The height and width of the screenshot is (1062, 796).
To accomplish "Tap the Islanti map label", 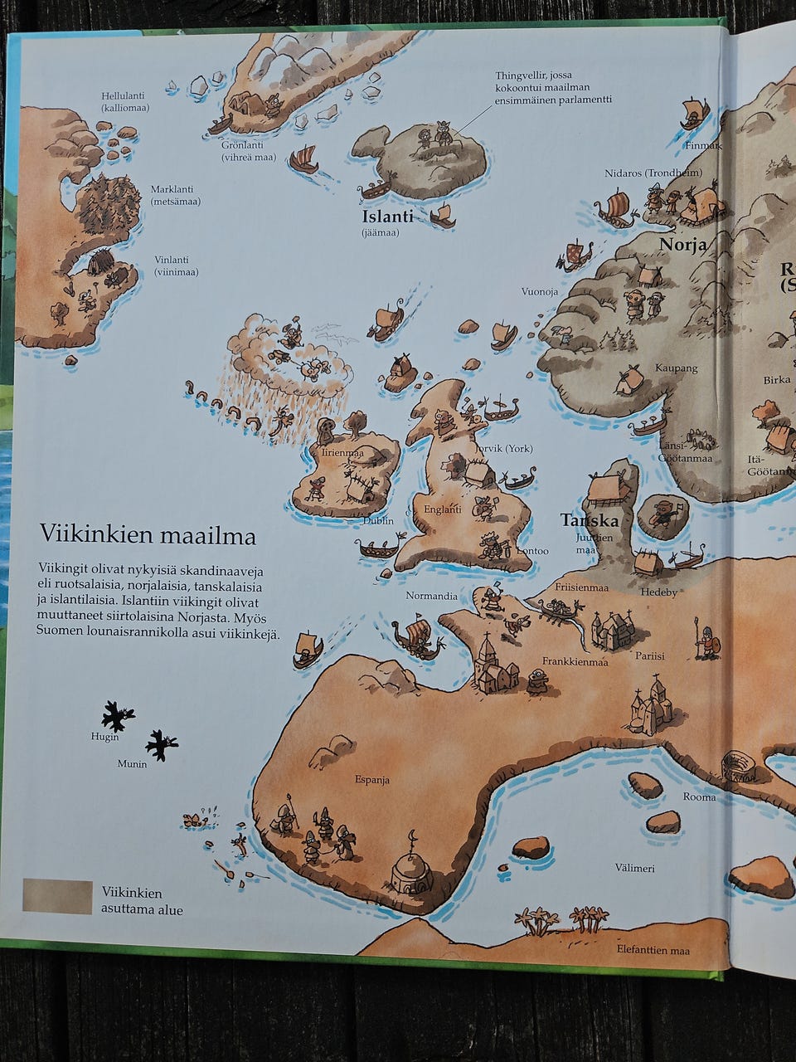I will click(387, 217).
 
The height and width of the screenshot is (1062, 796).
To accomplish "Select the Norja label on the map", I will click(682, 244).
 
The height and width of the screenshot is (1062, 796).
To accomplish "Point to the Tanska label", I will click(590, 520).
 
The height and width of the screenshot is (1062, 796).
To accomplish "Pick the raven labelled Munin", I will click(161, 743).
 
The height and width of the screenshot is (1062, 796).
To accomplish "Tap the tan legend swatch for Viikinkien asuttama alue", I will click(57, 896).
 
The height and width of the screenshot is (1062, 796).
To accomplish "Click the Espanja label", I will click(372, 780).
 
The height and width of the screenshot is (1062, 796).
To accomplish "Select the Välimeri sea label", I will click(634, 868).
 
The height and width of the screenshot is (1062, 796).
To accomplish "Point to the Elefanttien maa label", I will click(653, 950).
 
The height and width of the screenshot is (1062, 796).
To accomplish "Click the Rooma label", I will click(698, 796).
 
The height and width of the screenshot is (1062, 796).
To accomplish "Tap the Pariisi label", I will click(650, 655).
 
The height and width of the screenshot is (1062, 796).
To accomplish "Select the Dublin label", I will click(378, 521).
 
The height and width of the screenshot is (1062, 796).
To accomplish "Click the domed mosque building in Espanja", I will click(410, 871).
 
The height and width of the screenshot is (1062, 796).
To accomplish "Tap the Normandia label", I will click(431, 596).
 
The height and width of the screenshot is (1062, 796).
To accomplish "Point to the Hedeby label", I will click(659, 592).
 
